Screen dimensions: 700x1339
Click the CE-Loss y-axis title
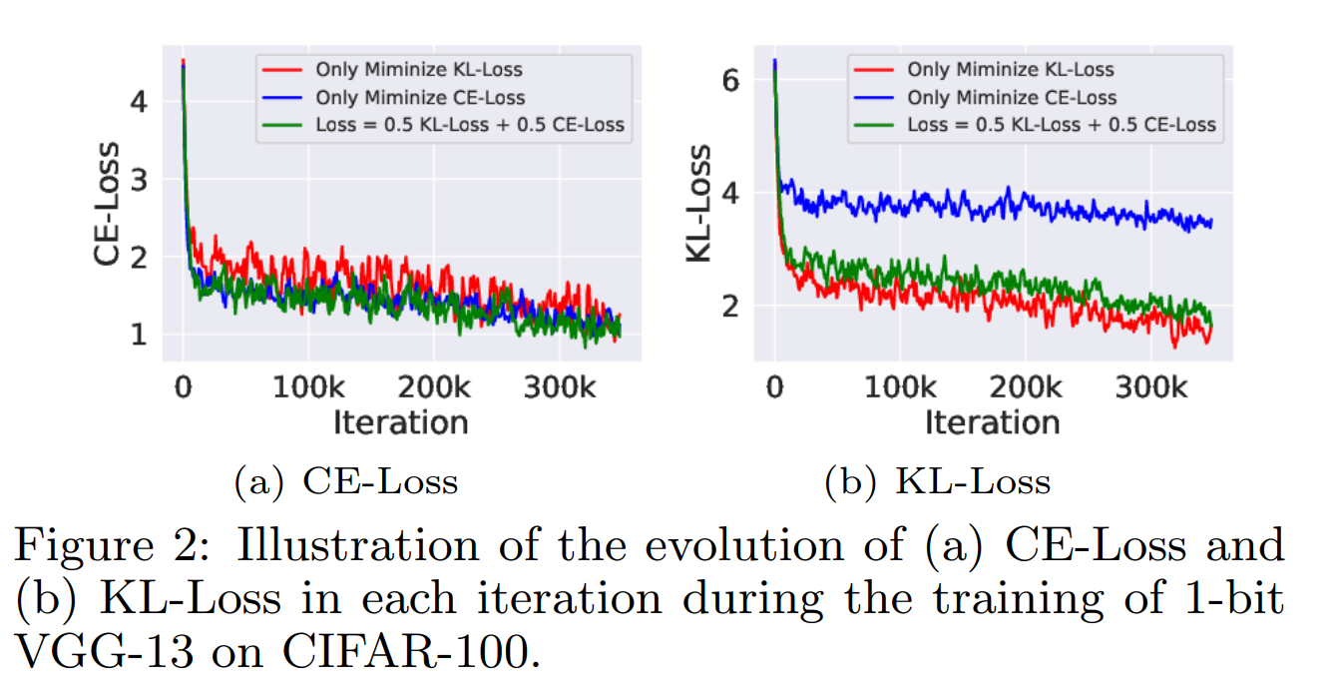109,204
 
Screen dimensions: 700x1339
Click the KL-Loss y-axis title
700,204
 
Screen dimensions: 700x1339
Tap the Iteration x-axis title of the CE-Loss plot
400,422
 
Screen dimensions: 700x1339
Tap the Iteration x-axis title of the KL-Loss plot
992,422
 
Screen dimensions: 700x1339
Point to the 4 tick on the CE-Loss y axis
139,101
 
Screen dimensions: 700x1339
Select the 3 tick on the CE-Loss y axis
139,179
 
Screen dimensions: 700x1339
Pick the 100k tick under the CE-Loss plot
307,385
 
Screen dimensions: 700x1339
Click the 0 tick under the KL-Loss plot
774,385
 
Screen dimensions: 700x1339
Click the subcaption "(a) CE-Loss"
345,482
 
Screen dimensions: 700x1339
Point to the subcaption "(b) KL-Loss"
937,482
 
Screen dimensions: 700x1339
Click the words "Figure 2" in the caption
100,546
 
